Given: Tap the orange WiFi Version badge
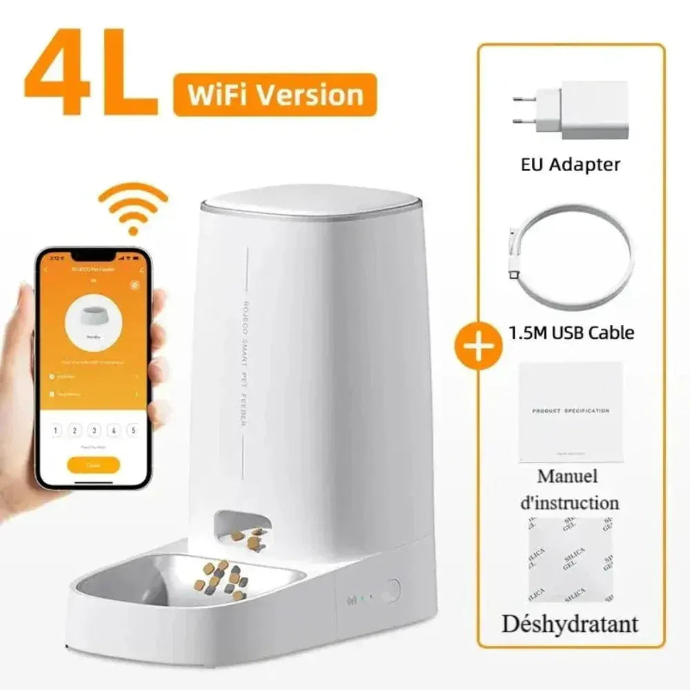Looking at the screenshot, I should coord(275,95).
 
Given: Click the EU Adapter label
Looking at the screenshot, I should coord(570,164).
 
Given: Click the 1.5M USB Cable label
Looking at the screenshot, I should coord(571,333).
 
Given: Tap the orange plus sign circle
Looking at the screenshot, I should coord(477,344).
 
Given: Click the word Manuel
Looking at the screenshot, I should coord(567,476).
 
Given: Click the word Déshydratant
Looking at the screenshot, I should coord(569,624).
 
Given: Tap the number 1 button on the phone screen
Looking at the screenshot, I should coord(57,431).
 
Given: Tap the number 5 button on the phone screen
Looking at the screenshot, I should coord(132,431).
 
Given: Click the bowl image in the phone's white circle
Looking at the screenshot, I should coord(94,317).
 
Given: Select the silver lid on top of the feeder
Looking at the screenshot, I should coord(310,201).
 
